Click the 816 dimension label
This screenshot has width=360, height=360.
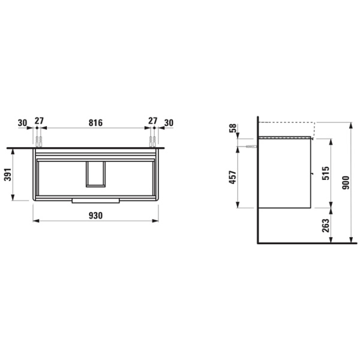(x=95, y=123)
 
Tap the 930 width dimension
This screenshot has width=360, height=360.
(x=95, y=215)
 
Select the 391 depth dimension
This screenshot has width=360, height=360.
(x=8, y=175)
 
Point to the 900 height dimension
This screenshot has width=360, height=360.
(x=346, y=182)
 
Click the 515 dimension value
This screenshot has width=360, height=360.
(x=325, y=173)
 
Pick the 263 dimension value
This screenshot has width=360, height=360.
(x=325, y=226)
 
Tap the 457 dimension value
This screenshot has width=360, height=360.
(x=233, y=177)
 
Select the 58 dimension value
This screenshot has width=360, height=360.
(x=233, y=128)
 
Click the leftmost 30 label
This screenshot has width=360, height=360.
(x=22, y=123)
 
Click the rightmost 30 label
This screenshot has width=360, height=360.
(x=169, y=123)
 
